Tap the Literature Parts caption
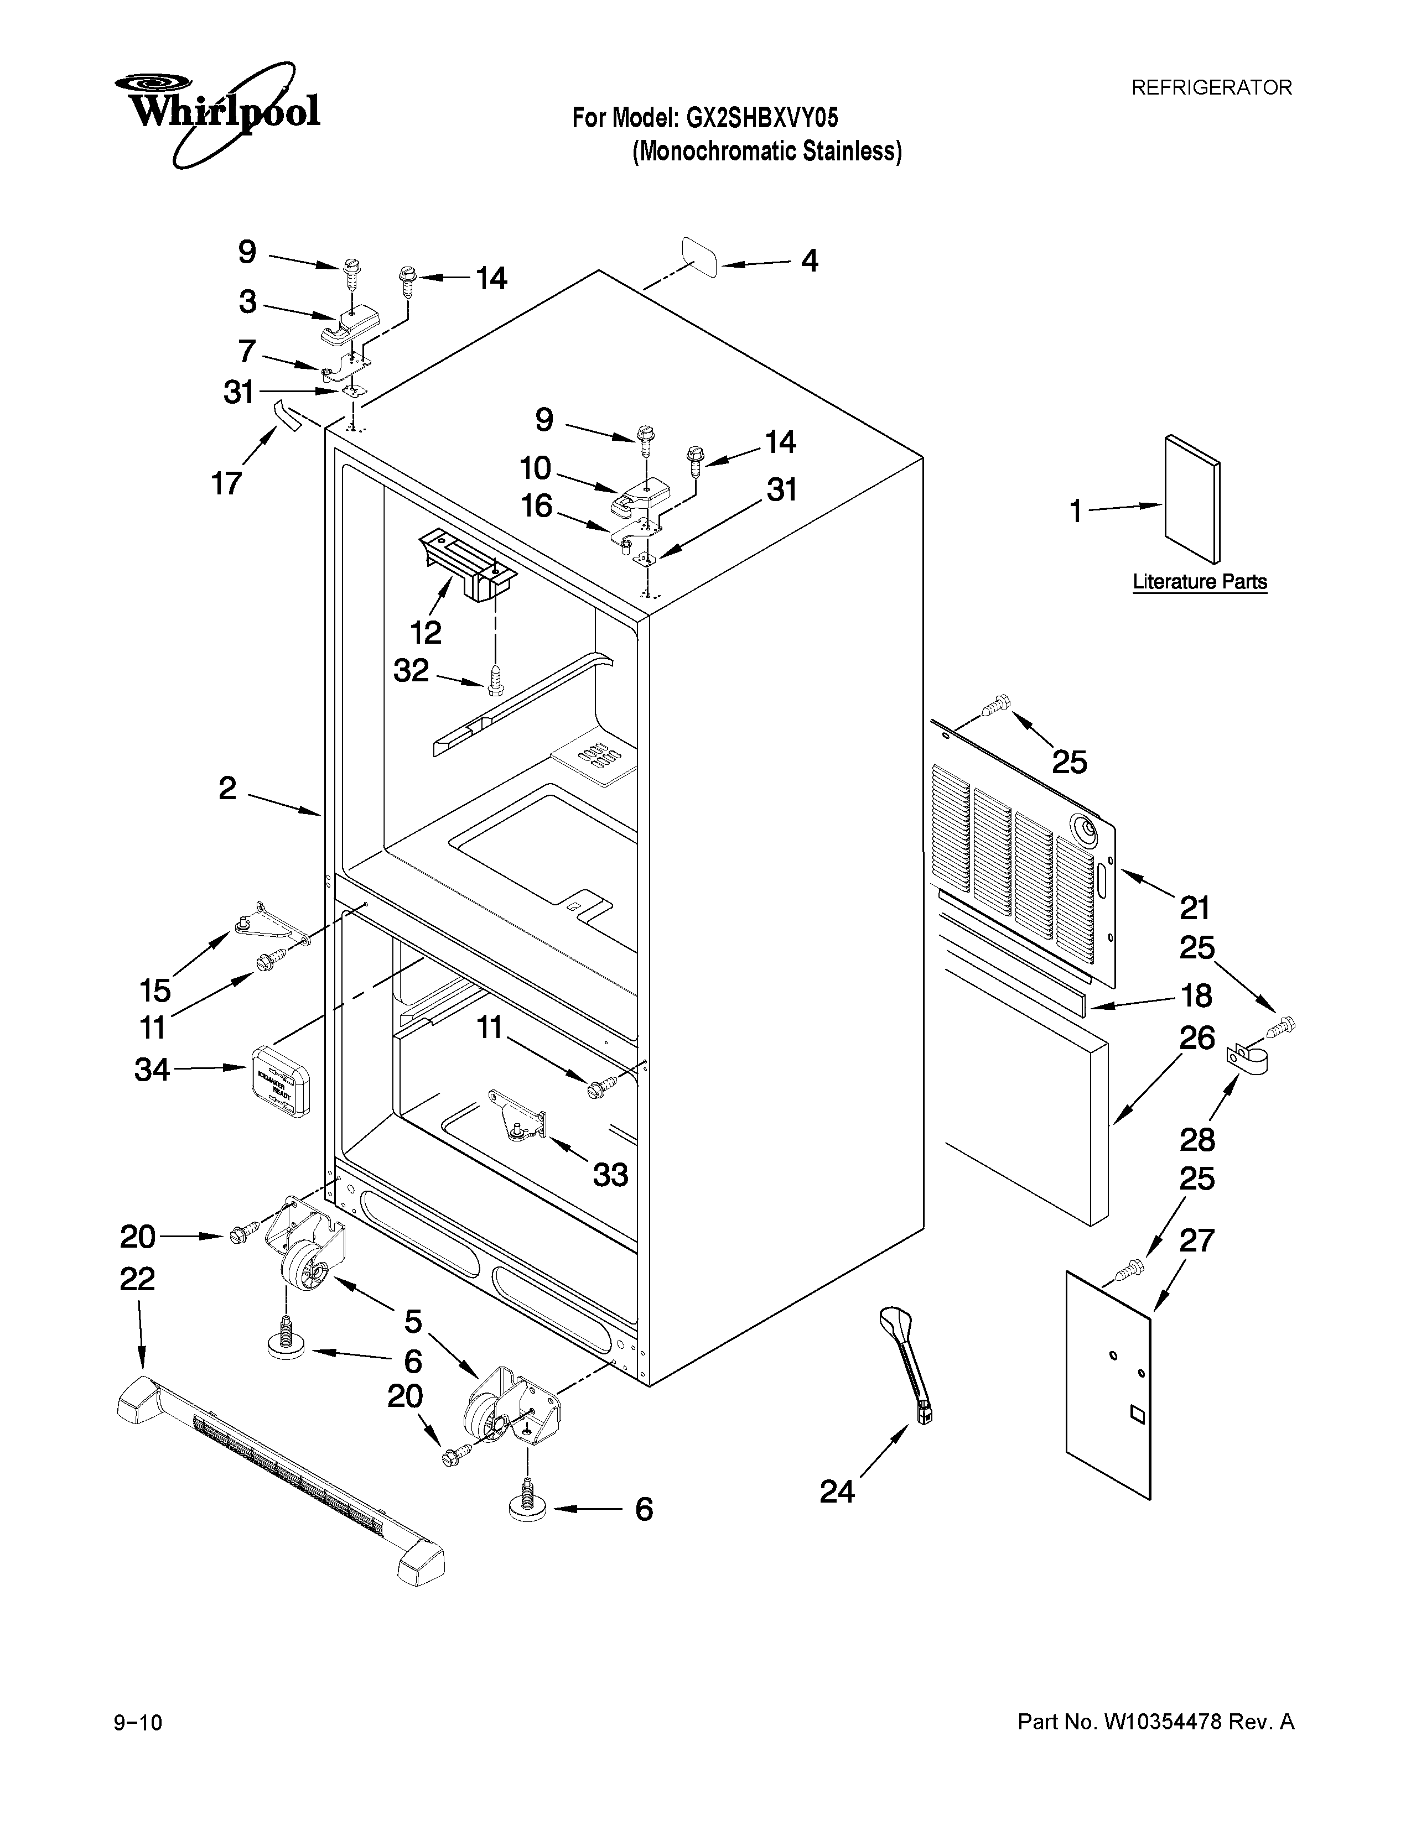[x=1200, y=582]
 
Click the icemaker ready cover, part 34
[x=280, y=1080]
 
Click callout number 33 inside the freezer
[x=610, y=1175]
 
